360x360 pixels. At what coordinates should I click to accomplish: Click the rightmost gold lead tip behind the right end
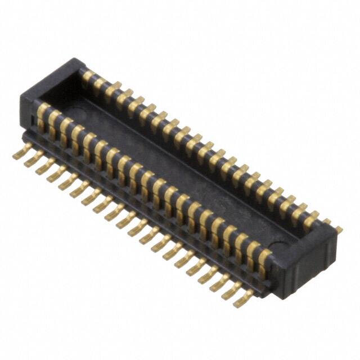click(x=339, y=229)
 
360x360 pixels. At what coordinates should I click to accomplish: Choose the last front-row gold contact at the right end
click(x=264, y=257)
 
